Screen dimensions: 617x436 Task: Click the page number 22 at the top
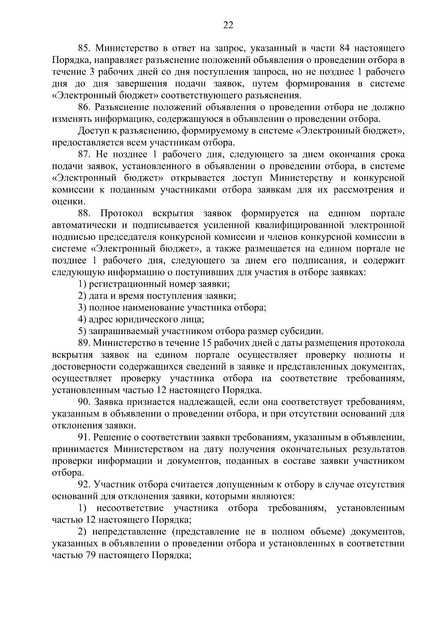pos(228,25)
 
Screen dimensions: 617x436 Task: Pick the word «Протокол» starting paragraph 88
pos(122,213)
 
